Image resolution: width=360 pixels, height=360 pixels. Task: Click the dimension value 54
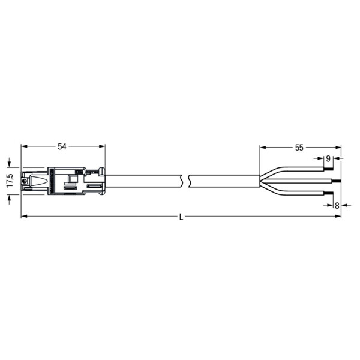coord(62,146)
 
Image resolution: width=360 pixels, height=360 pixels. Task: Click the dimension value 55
coord(299,148)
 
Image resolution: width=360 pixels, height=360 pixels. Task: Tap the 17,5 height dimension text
coord(10,181)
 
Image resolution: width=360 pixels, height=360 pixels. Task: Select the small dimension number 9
coord(328,158)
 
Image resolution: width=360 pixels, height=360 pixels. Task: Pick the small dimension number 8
coord(337,205)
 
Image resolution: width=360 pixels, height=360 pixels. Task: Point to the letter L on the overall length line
coord(181,217)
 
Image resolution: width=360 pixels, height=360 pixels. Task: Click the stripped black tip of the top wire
coord(328,169)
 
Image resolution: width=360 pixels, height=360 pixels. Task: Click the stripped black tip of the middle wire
coord(336,181)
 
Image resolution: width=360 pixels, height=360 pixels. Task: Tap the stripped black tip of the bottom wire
coord(328,193)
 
